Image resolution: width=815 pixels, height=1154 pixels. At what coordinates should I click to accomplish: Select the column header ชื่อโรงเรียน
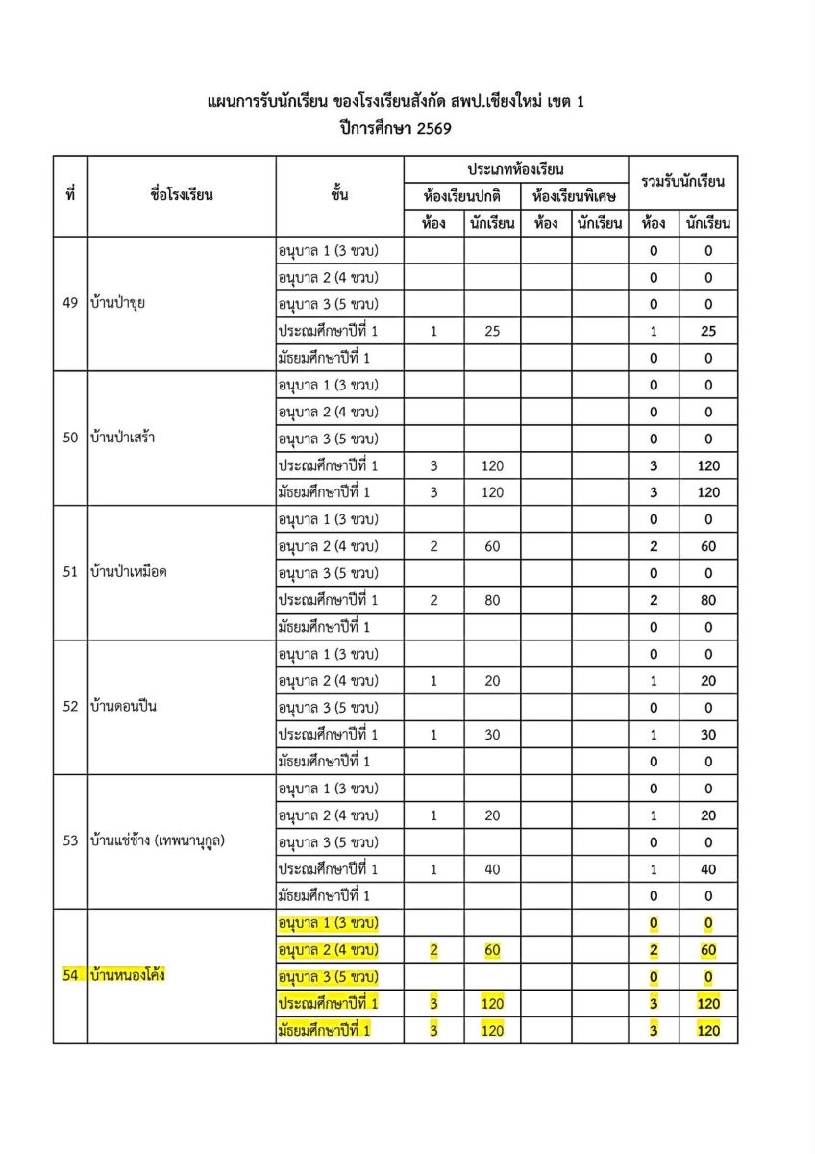(x=182, y=196)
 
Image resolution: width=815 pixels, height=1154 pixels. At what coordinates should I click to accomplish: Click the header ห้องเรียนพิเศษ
(x=574, y=196)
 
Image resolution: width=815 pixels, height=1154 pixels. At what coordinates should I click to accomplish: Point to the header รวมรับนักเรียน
(x=683, y=182)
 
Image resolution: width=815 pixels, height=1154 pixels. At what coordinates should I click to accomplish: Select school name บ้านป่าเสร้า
(x=122, y=439)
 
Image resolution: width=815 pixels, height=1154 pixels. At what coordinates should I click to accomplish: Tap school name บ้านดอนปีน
(x=122, y=707)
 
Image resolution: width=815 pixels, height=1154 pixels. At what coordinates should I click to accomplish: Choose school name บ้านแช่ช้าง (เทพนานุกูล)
(x=162, y=841)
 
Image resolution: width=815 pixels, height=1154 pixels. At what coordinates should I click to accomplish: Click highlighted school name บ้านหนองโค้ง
(x=126, y=976)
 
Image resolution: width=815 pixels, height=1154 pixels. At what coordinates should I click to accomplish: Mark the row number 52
(x=70, y=707)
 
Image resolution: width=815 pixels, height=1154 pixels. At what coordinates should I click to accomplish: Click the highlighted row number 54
(x=70, y=976)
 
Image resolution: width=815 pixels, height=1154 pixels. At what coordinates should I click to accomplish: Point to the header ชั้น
(x=338, y=196)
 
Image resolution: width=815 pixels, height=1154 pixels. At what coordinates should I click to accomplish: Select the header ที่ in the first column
(x=70, y=196)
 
